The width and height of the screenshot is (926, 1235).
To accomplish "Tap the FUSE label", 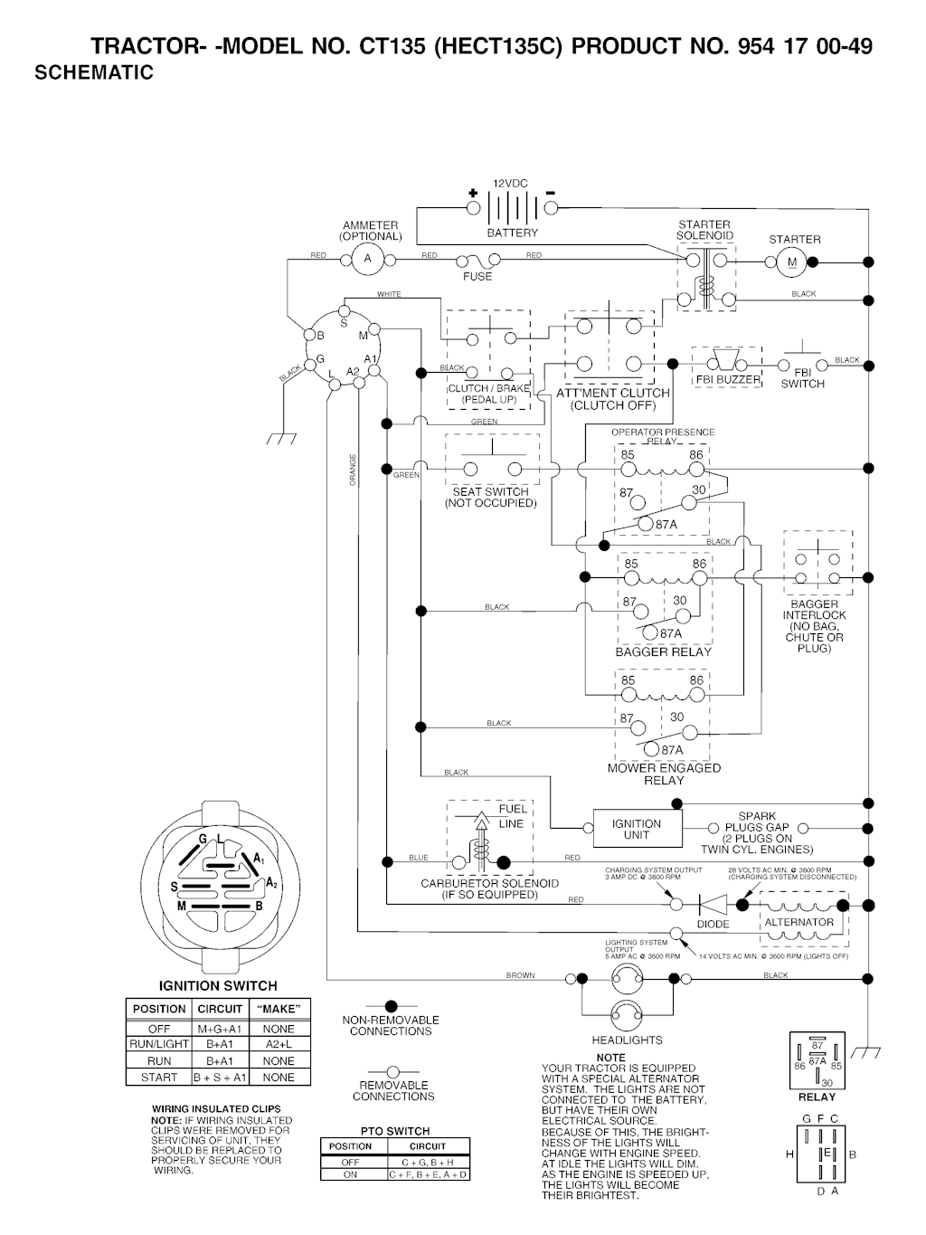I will point(477,276).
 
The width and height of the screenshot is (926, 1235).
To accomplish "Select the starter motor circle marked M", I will point(792,262).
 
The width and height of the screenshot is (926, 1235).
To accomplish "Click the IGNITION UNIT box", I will point(637,829).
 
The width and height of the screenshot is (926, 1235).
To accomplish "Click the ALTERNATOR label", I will point(798,922).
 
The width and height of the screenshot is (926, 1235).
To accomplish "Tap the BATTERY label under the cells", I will point(512,233).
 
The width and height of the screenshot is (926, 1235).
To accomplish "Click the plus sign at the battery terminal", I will point(472,194).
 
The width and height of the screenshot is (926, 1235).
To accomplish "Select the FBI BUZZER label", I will point(728,379).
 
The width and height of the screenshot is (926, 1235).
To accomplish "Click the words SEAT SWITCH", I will point(490,492).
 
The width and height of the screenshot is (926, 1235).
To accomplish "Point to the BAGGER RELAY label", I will point(663,651).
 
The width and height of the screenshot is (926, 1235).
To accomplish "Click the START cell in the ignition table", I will point(158,1078).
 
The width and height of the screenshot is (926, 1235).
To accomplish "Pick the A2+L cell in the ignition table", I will point(279,1044).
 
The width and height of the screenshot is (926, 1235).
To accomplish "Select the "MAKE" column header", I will point(279,1009).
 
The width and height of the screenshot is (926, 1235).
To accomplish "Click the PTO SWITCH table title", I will point(395,1131).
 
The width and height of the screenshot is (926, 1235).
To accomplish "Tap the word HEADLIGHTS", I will point(627,1040).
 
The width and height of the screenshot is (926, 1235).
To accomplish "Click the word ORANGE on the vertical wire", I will point(353,469).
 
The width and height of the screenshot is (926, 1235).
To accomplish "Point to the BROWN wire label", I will point(520,975).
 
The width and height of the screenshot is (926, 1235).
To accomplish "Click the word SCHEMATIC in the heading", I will point(94,73).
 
